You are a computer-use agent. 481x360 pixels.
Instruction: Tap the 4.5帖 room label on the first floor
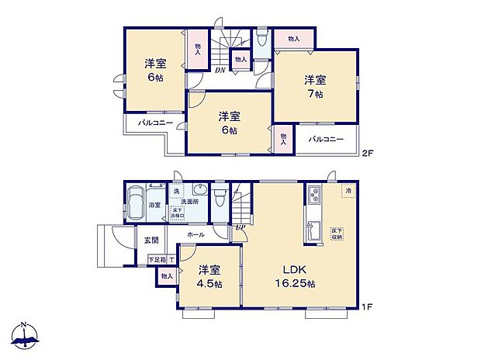click(209, 277)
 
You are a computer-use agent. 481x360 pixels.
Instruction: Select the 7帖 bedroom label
click(314, 86)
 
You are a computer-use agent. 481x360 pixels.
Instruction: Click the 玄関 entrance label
click(151, 240)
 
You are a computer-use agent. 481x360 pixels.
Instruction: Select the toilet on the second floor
click(262, 40)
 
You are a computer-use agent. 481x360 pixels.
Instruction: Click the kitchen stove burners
click(316, 195)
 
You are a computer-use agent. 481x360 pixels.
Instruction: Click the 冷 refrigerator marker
click(348, 190)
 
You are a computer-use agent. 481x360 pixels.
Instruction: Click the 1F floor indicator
click(368, 308)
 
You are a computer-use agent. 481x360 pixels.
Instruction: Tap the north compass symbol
click(26, 334)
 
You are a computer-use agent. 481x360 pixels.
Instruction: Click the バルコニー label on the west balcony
click(155, 123)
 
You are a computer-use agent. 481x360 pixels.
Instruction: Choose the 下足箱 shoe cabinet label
click(157, 261)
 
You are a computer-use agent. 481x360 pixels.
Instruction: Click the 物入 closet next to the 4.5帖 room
click(167, 275)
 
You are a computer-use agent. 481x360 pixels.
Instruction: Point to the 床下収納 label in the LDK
click(337, 235)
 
